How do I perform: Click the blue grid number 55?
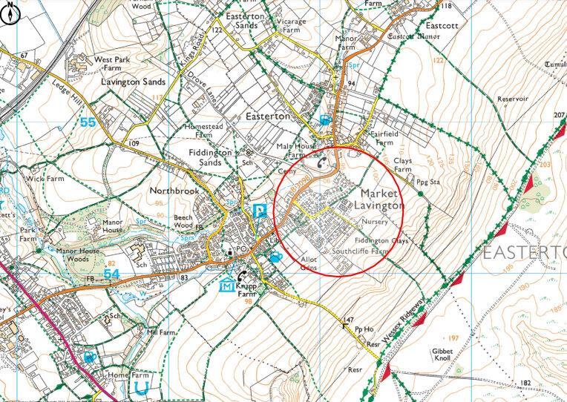(x=88, y=123)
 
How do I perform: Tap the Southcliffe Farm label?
(x=361, y=252)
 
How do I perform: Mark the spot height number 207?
(x=559, y=115)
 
